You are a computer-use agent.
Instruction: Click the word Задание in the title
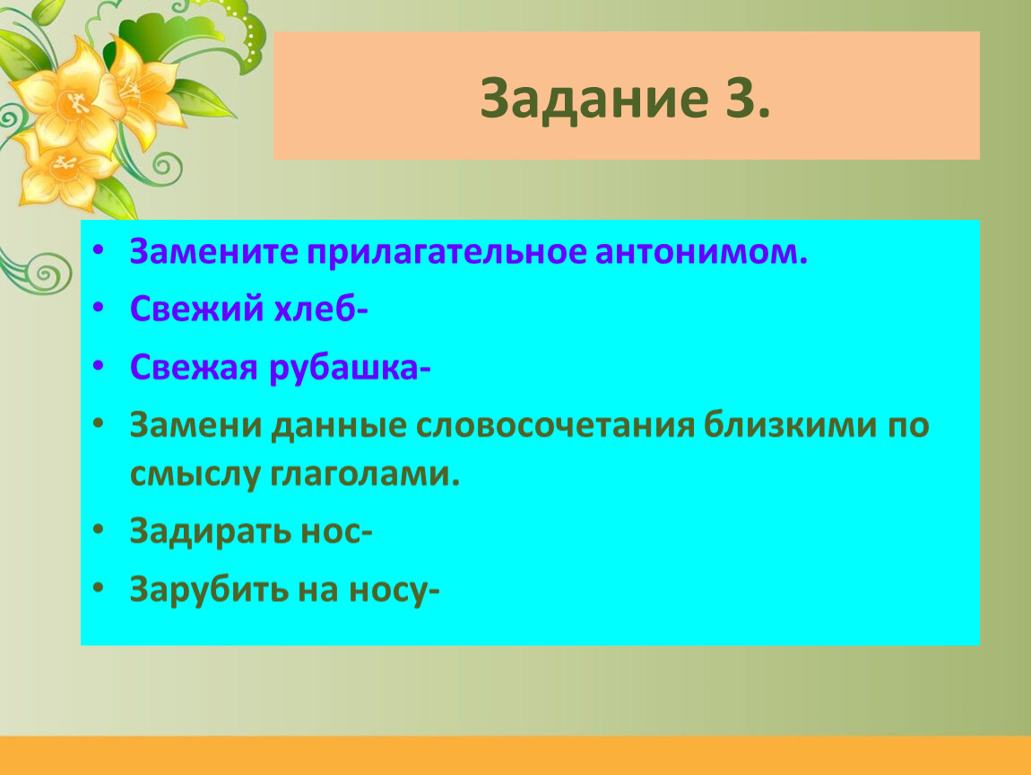coord(594,100)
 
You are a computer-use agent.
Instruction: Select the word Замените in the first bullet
coord(213,251)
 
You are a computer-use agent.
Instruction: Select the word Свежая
coord(194,367)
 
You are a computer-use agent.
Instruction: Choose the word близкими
coord(791,424)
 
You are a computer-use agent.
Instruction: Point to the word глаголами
coord(365,475)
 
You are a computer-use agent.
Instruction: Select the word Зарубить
coord(209,588)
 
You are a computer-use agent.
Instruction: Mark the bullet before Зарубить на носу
coord(99,588)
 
